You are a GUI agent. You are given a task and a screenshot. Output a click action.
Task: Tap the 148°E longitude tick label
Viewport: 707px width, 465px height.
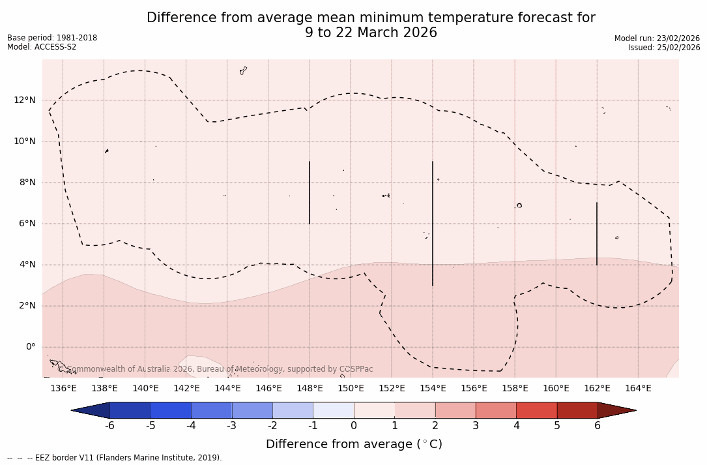tap(310, 389)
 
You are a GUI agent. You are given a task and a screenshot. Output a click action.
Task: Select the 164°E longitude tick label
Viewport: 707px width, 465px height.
tap(638, 389)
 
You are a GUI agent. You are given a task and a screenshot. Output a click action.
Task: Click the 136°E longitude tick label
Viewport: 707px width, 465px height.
tap(63, 389)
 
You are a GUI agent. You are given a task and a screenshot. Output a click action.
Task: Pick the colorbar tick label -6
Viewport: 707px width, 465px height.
tap(109, 426)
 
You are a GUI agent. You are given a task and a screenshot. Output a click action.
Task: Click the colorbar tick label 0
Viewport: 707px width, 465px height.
tap(354, 426)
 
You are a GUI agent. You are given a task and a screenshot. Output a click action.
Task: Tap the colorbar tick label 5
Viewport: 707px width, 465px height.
tap(557, 426)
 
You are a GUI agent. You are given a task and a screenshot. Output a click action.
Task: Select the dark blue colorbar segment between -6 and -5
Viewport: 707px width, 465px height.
tap(130, 410)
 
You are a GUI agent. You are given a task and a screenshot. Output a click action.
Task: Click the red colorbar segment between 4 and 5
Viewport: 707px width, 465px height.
tap(536, 410)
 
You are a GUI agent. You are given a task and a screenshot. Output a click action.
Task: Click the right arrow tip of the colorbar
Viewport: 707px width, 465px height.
tap(635, 410)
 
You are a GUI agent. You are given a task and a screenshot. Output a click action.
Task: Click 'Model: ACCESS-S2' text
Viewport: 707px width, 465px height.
tap(42, 47)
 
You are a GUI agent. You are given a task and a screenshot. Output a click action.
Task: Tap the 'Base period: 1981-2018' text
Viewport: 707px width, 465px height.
tap(52, 38)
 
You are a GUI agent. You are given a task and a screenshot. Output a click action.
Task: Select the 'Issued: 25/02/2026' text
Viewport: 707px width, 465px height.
tap(664, 48)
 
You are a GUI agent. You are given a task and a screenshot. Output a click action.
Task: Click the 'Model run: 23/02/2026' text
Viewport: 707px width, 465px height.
tap(657, 38)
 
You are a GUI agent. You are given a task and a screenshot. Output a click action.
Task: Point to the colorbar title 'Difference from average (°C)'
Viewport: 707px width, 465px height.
tap(354, 444)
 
